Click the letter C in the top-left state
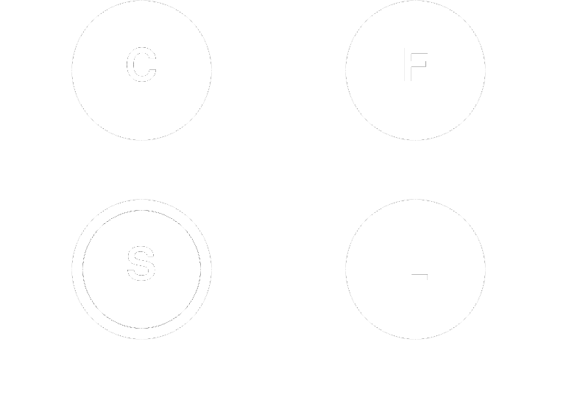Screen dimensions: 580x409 (141, 66)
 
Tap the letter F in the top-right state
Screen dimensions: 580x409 (415, 67)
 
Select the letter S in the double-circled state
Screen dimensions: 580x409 (141, 265)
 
